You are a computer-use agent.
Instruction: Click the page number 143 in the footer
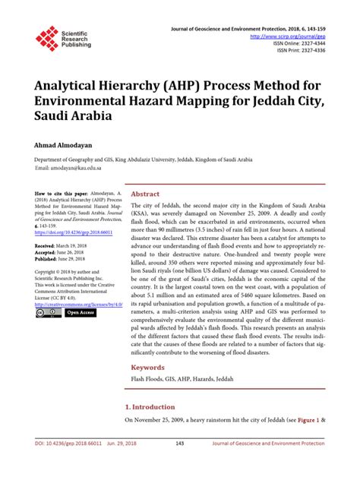(180, 463)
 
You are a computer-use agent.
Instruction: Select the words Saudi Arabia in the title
(72, 117)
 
